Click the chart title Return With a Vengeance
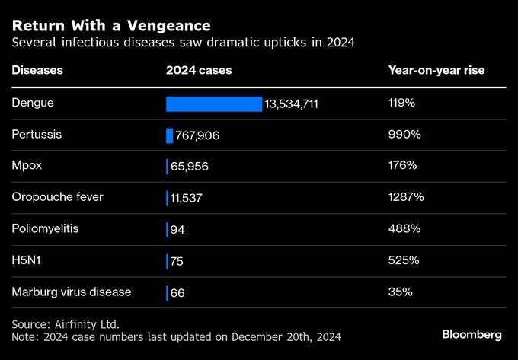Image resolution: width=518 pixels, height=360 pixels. [x=111, y=26]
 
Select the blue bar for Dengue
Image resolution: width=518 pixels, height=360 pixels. [x=213, y=104]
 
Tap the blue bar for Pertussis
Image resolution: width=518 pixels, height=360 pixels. [x=169, y=135]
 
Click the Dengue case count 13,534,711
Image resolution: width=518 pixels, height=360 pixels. [x=292, y=104]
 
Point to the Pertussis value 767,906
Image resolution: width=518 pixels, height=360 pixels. [x=197, y=135]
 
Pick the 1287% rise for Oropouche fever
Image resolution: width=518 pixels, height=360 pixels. [x=405, y=197]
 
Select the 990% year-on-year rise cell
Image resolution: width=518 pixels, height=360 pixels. [x=403, y=134]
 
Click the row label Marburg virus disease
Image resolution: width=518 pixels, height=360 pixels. [x=72, y=292]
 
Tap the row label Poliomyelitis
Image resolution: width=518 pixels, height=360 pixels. [x=46, y=228]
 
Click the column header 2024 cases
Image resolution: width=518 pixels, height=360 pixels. [x=199, y=71]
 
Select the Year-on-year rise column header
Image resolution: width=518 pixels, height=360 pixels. [x=436, y=71]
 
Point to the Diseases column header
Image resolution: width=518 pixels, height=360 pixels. [x=37, y=71]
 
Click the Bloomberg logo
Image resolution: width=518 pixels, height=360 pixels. [x=472, y=334]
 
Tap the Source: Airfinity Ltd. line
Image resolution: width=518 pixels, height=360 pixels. [x=66, y=323]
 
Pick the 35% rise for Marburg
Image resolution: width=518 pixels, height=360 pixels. [x=400, y=292]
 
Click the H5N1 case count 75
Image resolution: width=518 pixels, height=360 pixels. [x=177, y=260]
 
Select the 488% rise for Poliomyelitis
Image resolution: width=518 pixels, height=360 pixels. [x=404, y=228]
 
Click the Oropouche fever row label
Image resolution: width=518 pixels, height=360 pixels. [x=57, y=197]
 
